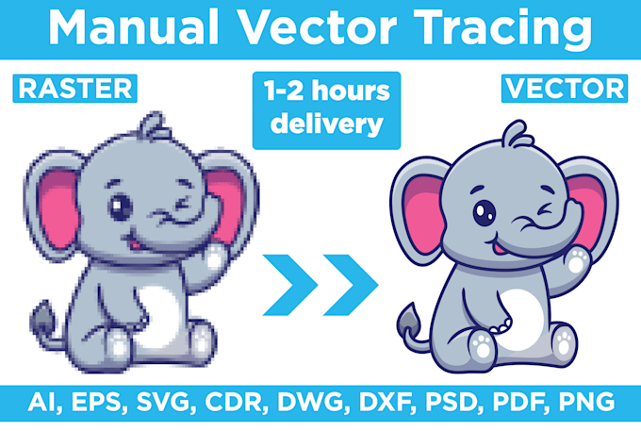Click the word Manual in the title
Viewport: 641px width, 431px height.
(134, 27)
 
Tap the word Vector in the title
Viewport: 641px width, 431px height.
(317, 27)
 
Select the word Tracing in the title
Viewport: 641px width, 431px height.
(502, 29)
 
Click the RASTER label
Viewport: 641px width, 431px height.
(74, 89)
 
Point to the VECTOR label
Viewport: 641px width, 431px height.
(564, 89)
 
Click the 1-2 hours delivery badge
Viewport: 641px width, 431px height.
(327, 110)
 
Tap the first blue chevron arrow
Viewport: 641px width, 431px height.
(290, 285)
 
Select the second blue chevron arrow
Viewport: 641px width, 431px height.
(351, 285)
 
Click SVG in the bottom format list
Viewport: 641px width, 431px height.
(163, 402)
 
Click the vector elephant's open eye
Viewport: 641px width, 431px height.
(484, 212)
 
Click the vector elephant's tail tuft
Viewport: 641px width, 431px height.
(409, 319)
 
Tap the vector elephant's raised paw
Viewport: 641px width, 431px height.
(578, 260)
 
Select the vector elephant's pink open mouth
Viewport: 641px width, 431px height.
(498, 247)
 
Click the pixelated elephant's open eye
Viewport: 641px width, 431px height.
(121, 207)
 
